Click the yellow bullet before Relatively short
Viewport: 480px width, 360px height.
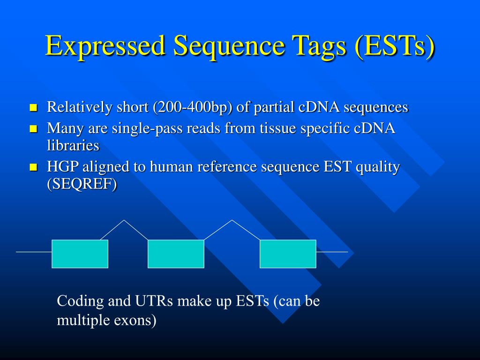pyautogui.click(x=33, y=108)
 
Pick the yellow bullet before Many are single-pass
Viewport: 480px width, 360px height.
pyautogui.click(x=33, y=129)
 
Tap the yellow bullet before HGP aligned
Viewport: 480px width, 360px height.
pyautogui.click(x=33, y=167)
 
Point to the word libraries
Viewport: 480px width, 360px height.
pyautogui.click(x=73, y=145)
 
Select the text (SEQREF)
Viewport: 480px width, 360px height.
pyautogui.click(x=82, y=184)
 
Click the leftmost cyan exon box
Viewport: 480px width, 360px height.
pyautogui.click(x=80, y=254)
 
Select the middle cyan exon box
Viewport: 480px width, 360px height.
pyautogui.click(x=176, y=254)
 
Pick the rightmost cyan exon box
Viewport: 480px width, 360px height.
pyautogui.click(x=288, y=254)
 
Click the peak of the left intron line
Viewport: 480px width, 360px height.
pyautogui.click(x=124, y=220)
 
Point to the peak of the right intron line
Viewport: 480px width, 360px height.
pyautogui.click(x=232, y=220)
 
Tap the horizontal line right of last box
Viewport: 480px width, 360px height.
pyautogui.click(x=332, y=252)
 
